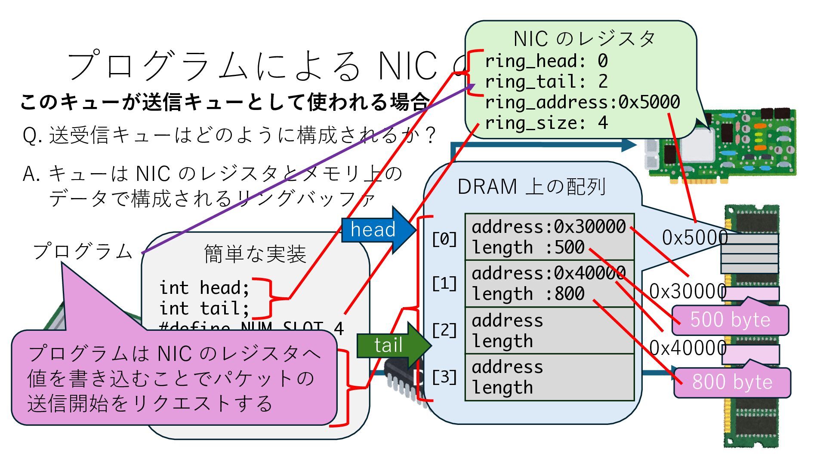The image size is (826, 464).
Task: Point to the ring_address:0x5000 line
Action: click(582, 102)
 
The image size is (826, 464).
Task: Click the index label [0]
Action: click(444, 239)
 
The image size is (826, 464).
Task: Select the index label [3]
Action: click(444, 377)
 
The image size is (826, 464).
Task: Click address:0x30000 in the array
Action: click(549, 226)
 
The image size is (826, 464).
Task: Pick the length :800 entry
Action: click(528, 294)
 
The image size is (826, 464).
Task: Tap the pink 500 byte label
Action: click(730, 320)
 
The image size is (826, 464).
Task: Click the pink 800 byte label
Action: click(732, 382)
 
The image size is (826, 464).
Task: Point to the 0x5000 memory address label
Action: click(693, 238)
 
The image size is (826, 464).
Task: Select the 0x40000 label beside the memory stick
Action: click(687, 348)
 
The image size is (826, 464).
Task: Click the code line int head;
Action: click(204, 287)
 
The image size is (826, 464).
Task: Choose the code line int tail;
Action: click(204, 308)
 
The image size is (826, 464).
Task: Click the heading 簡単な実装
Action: click(255, 254)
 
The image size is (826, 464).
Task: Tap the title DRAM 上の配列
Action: click(532, 187)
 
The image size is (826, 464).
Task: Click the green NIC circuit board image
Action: click(731, 144)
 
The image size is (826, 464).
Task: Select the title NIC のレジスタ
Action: click(584, 39)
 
